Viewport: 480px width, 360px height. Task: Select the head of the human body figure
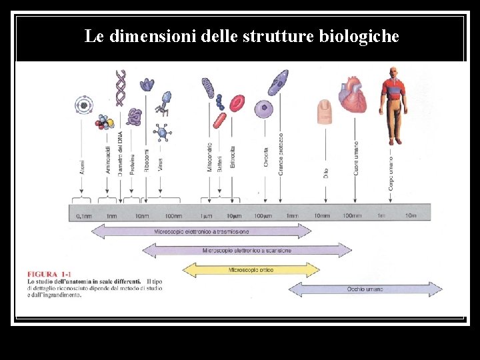pos(393,72)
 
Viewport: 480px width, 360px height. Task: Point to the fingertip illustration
pos(325,111)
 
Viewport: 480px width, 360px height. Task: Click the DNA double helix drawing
pos(120,87)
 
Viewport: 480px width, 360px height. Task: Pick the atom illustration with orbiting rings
pos(83,104)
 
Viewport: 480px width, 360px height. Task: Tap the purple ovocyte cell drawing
pos(265,108)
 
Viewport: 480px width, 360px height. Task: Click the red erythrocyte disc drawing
pos(237,103)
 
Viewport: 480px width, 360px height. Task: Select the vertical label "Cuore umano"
pos(356,158)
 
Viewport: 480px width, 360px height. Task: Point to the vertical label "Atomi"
pos(82,166)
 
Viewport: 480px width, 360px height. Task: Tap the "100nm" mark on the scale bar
pos(173,216)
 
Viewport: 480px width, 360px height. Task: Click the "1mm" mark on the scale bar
pos(291,216)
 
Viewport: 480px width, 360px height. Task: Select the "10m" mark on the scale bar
pos(410,216)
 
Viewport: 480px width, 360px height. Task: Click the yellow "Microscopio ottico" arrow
pos(250,270)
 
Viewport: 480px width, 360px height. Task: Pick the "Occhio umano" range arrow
pos(365,289)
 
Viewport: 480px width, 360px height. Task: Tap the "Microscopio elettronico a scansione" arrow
pos(247,251)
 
